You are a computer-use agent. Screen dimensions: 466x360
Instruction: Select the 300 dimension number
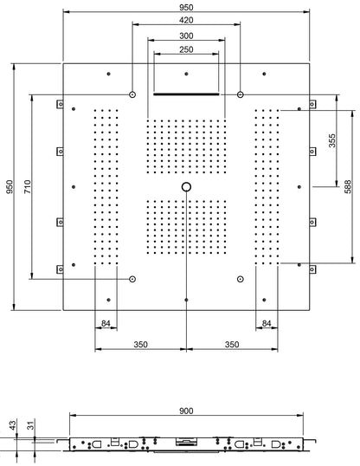(x=186, y=35)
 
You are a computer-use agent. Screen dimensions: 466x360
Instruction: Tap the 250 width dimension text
(x=186, y=49)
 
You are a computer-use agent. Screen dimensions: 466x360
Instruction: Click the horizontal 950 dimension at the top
(x=186, y=6)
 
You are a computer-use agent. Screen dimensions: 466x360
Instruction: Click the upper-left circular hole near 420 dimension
(x=132, y=94)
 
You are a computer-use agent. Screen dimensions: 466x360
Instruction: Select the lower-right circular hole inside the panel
(x=240, y=279)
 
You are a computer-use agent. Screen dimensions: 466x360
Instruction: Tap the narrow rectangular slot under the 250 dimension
(x=186, y=94)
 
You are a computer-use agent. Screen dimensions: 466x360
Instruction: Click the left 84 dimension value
(x=106, y=325)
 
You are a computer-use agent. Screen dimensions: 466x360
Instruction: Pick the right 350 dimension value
(x=232, y=345)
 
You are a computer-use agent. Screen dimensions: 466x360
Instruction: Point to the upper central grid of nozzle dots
(x=186, y=146)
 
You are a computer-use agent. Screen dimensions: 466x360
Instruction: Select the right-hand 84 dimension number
(x=267, y=325)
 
